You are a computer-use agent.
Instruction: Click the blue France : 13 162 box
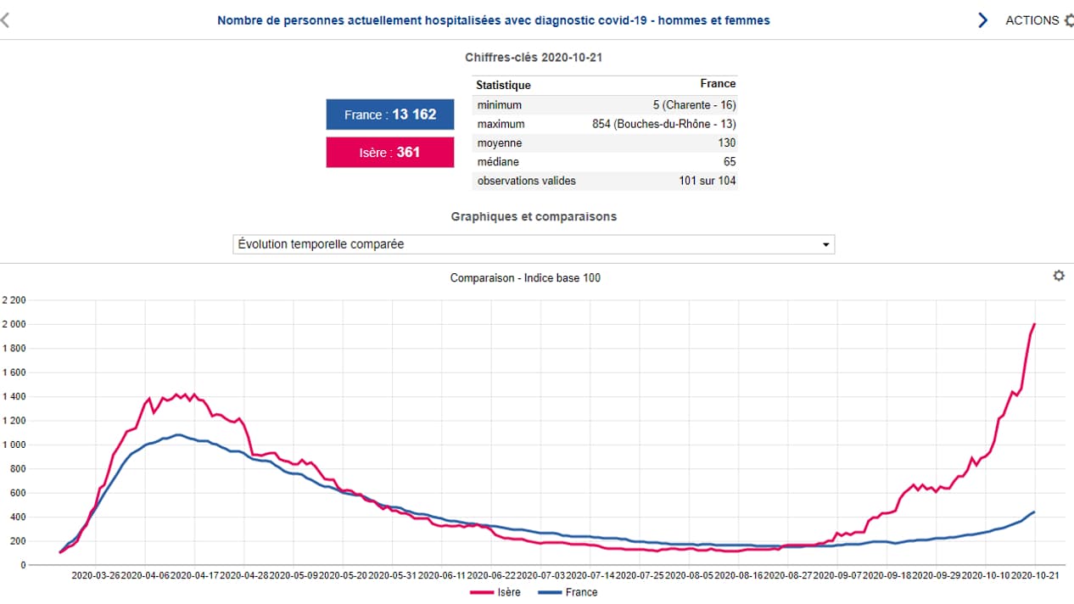pyautogui.click(x=390, y=115)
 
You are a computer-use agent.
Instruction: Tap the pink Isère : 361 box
pyautogui.click(x=390, y=153)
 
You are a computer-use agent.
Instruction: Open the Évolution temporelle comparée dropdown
pyautogui.click(x=534, y=244)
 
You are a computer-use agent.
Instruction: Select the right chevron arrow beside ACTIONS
pyautogui.click(x=983, y=20)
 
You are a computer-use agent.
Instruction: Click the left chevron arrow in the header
pyautogui.click(x=5, y=20)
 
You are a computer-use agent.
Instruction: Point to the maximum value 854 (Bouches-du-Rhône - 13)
pyautogui.click(x=663, y=124)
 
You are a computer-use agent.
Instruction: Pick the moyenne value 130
pyautogui.click(x=725, y=143)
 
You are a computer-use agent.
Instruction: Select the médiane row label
pyautogui.click(x=498, y=161)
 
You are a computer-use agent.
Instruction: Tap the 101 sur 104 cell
pyautogui.click(x=707, y=181)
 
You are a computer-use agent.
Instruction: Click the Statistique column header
pyautogui.click(x=503, y=85)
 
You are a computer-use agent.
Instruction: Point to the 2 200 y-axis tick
pyautogui.click(x=14, y=300)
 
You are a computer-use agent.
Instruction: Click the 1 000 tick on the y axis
pyautogui.click(x=14, y=445)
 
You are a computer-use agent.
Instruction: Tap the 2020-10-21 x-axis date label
pyautogui.click(x=1033, y=575)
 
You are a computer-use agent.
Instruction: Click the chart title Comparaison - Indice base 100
pyautogui.click(x=525, y=277)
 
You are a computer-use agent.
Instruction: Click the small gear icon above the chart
pyautogui.click(x=1059, y=276)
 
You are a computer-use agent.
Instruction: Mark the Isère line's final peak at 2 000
pyautogui.click(x=1035, y=324)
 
